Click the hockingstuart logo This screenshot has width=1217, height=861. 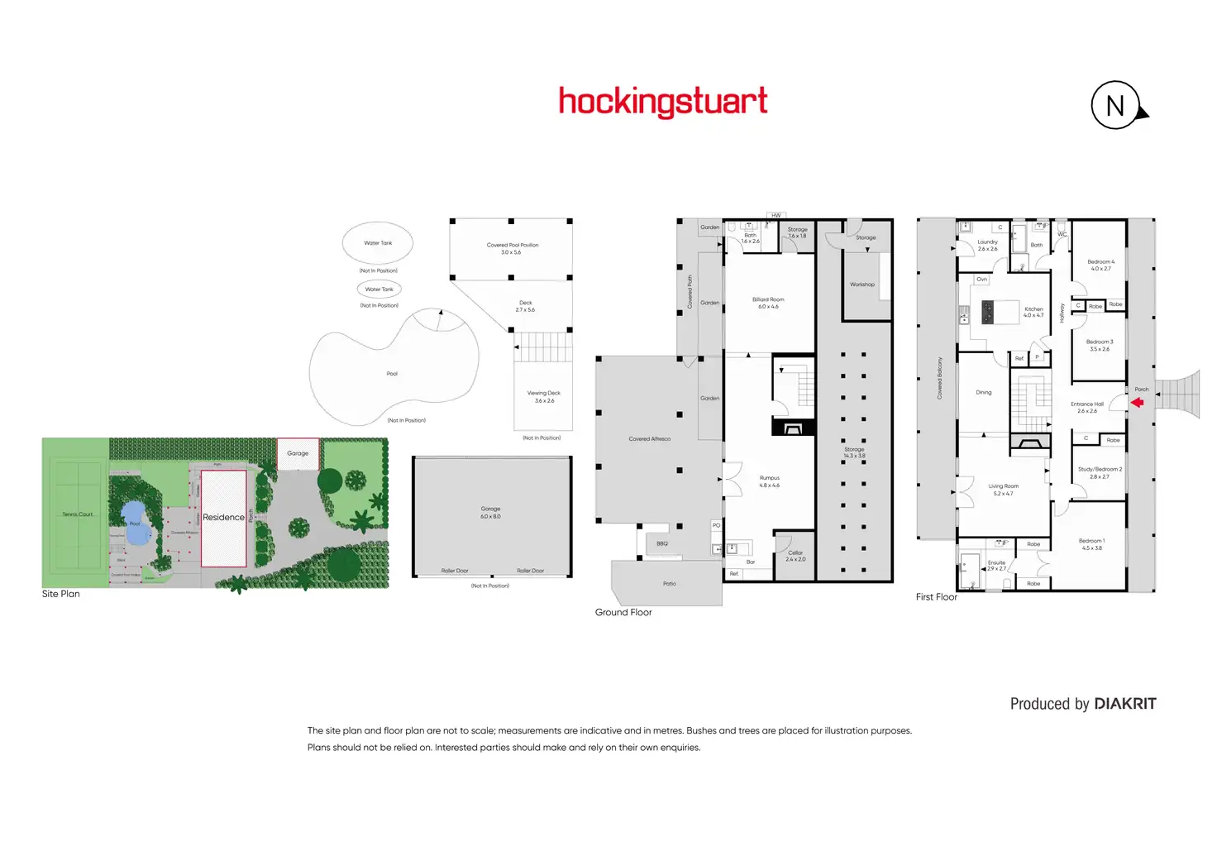[x=663, y=102]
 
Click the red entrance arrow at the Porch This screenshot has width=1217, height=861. [x=1137, y=403]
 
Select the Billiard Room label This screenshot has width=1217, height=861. [x=768, y=299]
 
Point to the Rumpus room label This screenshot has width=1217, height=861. [x=770, y=478]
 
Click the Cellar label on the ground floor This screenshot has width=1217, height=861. [x=795, y=552]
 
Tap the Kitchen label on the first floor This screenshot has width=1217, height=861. [x=1033, y=309]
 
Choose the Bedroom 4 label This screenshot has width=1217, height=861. [x=1100, y=262]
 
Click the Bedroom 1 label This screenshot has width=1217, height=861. [x=1091, y=541]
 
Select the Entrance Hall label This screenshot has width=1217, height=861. [x=1087, y=404]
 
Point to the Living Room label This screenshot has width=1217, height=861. [x=1003, y=486]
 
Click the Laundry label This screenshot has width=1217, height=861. [x=987, y=242]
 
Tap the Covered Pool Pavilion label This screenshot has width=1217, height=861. [x=513, y=245]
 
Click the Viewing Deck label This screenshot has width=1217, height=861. [x=544, y=394]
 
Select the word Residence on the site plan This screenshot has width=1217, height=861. [x=223, y=518]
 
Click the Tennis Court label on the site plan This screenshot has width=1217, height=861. [x=78, y=514]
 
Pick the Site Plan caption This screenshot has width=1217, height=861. [x=61, y=594]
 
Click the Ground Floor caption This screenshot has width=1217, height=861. [x=623, y=613]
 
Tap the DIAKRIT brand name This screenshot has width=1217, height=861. [x=1124, y=704]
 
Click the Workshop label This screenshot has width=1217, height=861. [x=862, y=285]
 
